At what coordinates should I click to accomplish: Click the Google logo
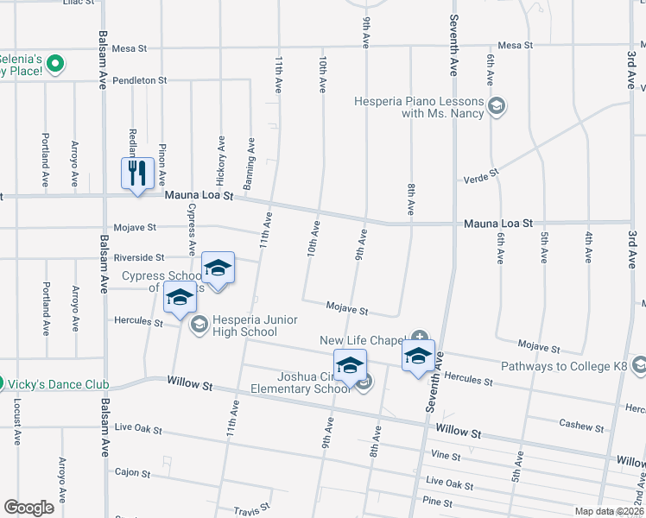click(x=28, y=508)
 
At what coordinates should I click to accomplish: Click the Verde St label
click(x=482, y=174)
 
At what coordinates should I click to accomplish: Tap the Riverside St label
click(x=138, y=258)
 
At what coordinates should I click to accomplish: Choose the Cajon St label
click(x=133, y=473)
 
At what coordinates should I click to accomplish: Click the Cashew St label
click(x=580, y=426)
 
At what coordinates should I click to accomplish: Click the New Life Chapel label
click(x=363, y=340)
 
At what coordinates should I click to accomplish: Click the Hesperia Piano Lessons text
click(x=420, y=107)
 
